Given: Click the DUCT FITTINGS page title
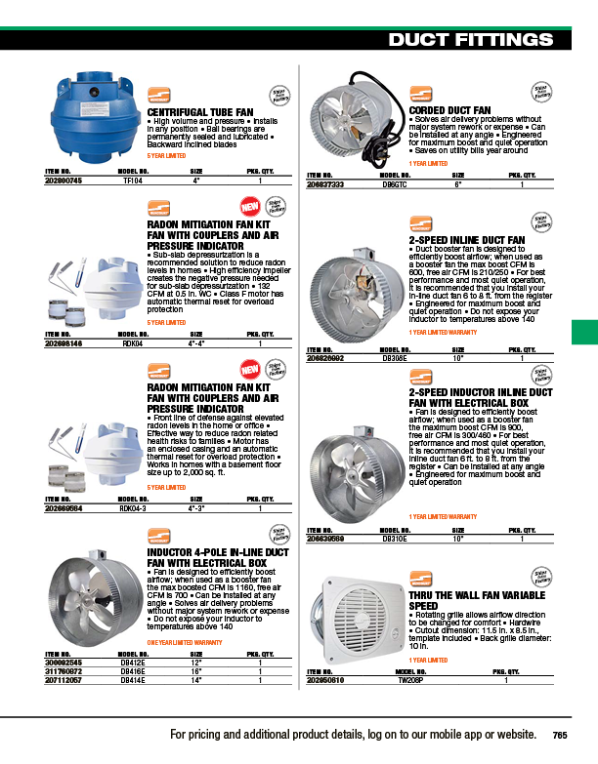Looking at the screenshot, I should click(x=477, y=39).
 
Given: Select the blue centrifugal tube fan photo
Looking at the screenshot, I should click(x=93, y=115).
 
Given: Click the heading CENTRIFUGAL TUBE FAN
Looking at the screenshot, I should click(x=202, y=112).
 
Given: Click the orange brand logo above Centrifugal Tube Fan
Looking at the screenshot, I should click(x=158, y=96).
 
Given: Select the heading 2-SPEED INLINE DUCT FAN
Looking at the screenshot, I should click(x=466, y=238).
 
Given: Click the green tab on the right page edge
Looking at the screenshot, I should click(x=583, y=332).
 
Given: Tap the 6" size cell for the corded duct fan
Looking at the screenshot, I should click(x=457, y=183).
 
